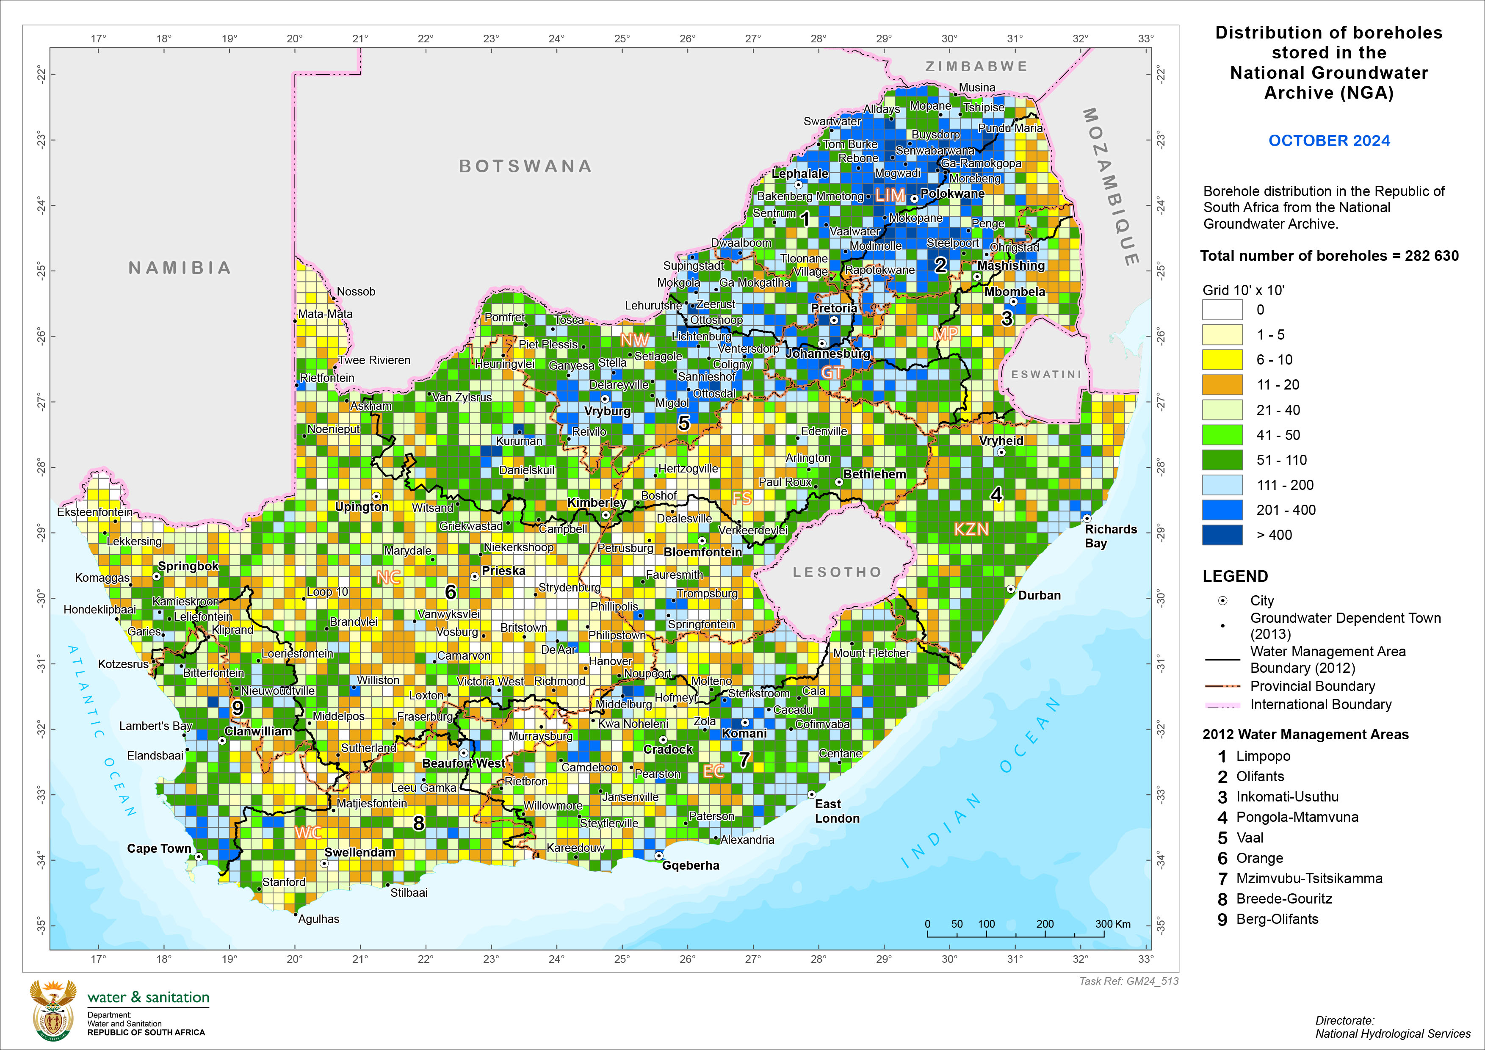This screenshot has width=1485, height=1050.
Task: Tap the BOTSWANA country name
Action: [x=525, y=166]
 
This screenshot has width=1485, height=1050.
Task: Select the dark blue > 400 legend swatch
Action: [x=1222, y=535]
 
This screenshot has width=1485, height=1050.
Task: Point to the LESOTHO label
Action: [x=837, y=572]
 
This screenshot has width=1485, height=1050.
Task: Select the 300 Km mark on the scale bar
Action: [x=1112, y=924]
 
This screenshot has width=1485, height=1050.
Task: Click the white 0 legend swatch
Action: [x=1222, y=309]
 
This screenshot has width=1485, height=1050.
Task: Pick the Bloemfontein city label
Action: [x=702, y=552]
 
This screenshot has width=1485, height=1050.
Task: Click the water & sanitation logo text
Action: [x=148, y=997]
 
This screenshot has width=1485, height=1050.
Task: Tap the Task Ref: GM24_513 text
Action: [x=1128, y=981]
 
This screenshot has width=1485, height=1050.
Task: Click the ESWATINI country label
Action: [x=1046, y=374]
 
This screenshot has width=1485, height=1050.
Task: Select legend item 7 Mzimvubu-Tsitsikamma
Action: [x=1300, y=878]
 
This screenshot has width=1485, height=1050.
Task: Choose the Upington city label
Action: [x=362, y=506]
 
